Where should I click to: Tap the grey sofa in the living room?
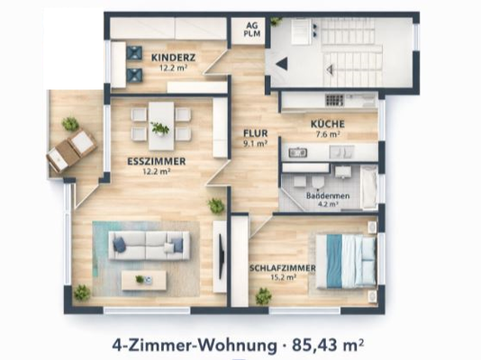pos(150,243)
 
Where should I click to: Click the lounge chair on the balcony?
pos(70,149)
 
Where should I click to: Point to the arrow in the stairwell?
pos(282,64)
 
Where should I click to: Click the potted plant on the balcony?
pos(69,123)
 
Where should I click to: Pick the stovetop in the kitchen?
pos(337,101)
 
